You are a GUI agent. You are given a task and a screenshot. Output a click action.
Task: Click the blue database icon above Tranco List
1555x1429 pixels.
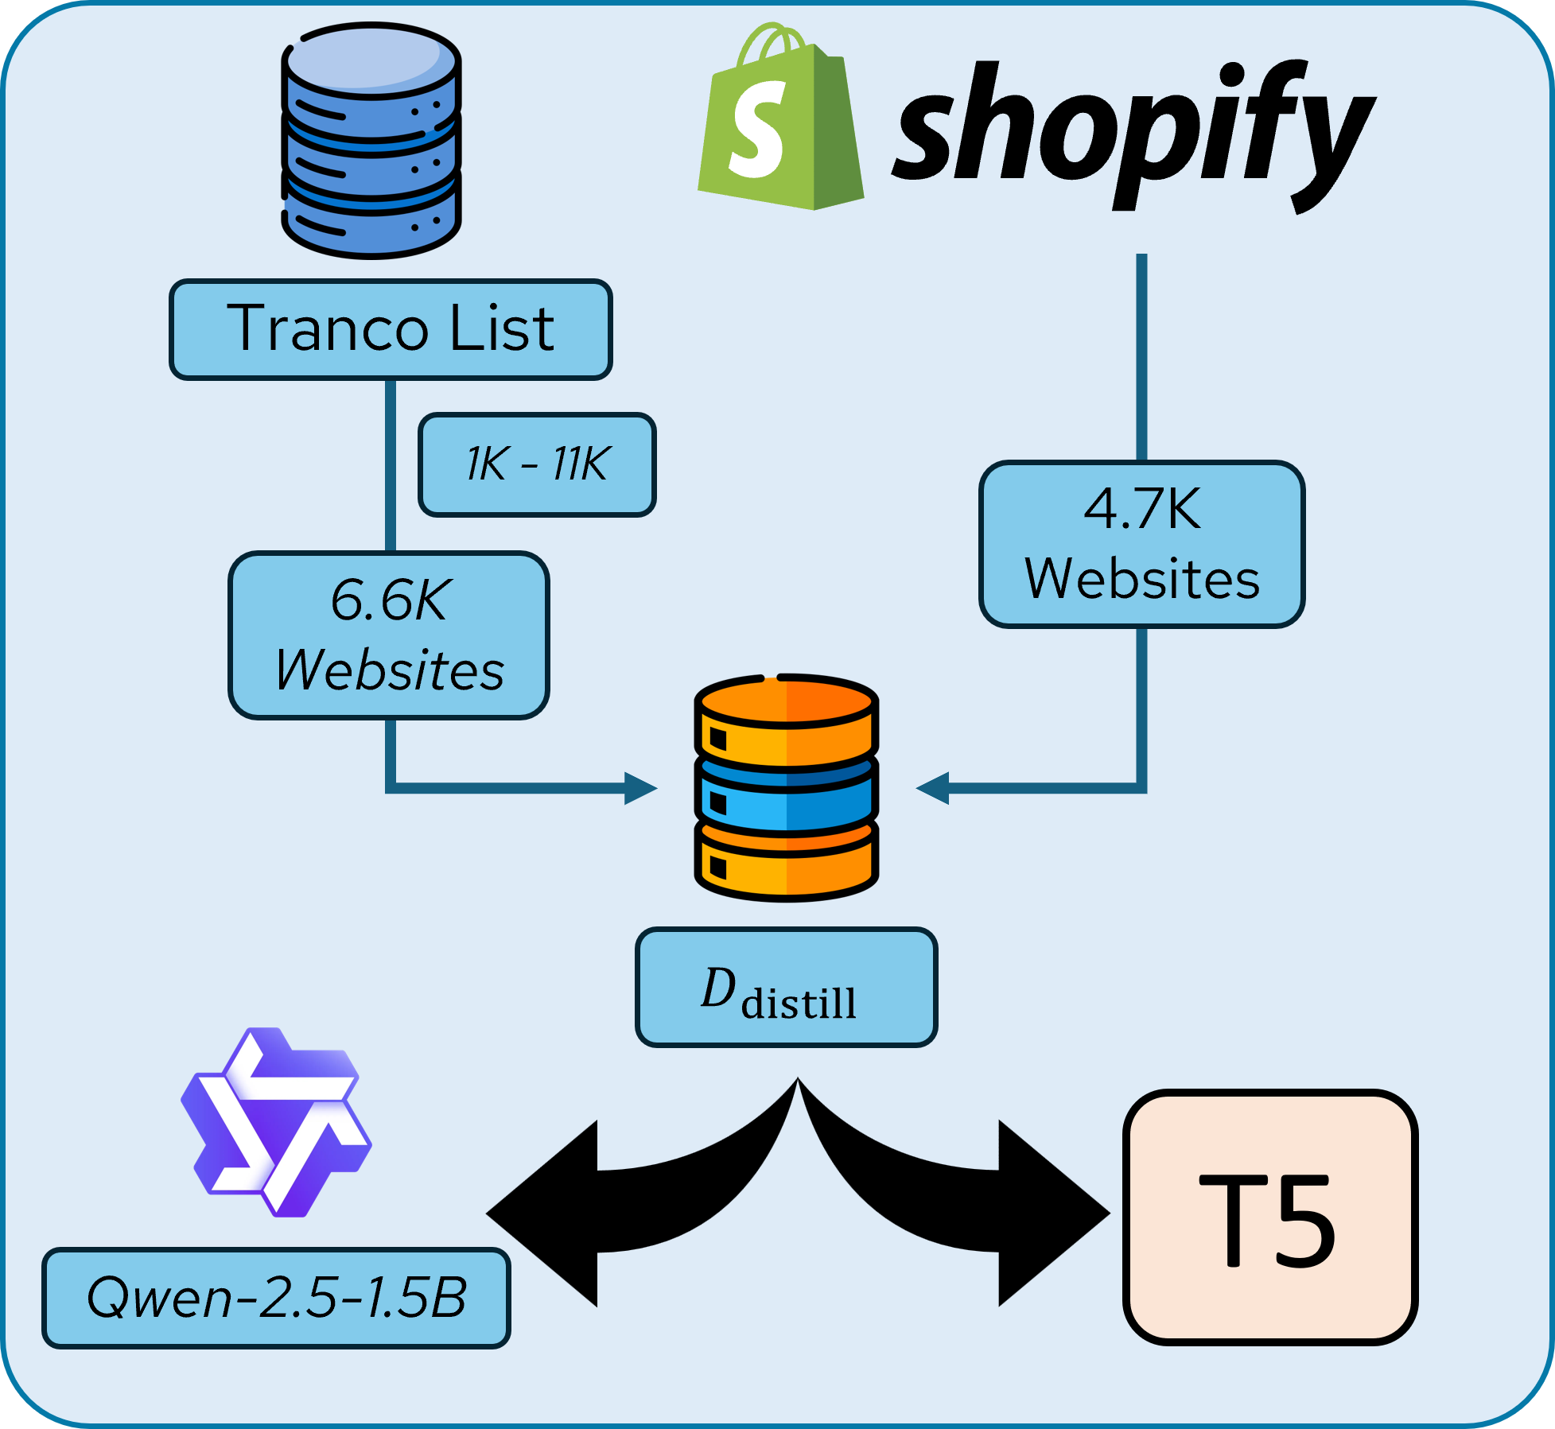click(371, 141)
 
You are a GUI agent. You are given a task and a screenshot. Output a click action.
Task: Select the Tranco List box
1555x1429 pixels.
click(391, 329)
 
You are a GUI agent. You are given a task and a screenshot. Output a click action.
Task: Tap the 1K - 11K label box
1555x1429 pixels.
click(537, 464)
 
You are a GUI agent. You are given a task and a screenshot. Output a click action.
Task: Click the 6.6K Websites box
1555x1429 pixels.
click(389, 635)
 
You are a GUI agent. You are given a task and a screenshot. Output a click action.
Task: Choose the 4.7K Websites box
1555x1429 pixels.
click(1141, 544)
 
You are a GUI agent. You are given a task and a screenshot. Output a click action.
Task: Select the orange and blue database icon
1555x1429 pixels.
click(786, 787)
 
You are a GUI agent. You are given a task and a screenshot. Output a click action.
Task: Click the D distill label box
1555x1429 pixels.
click(786, 987)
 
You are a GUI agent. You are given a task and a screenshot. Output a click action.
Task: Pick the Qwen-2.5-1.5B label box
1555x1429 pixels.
click(276, 1298)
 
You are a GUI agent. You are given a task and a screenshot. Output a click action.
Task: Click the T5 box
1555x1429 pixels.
click(1269, 1217)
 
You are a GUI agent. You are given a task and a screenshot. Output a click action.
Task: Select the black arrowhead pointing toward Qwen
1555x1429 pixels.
click(541, 1213)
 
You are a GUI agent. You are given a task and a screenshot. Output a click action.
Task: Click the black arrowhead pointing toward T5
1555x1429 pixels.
click(1054, 1213)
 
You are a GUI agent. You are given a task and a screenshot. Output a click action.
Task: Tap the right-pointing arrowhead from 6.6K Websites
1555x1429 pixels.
click(640, 788)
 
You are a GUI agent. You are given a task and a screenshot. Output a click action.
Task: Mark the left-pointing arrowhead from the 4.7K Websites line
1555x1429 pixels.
click(933, 788)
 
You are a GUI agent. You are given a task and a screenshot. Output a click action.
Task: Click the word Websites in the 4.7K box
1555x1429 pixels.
click(1141, 579)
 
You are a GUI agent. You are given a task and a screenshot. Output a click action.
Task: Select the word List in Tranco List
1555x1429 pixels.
click(501, 328)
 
